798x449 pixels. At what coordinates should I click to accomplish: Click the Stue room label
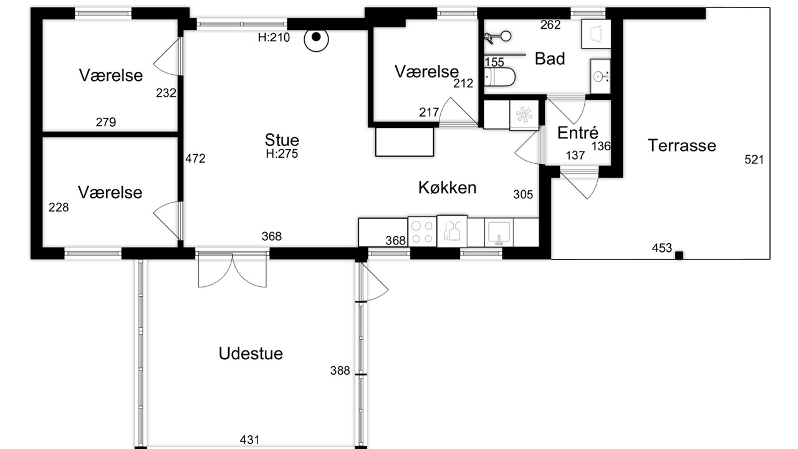[282, 140]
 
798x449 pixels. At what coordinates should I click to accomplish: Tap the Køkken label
[447, 188]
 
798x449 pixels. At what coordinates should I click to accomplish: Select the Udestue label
[251, 354]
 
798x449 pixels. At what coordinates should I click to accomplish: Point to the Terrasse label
[681, 145]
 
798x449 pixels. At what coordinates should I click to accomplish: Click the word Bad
[550, 59]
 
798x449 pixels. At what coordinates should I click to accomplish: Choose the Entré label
[577, 133]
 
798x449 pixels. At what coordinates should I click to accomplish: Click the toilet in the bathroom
[499, 77]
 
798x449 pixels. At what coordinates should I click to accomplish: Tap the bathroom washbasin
[600, 76]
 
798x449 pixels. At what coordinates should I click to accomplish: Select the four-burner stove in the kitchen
[422, 231]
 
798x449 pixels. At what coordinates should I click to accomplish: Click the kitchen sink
[499, 233]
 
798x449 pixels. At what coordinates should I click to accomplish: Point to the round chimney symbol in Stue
[316, 39]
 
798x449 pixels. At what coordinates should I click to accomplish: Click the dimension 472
[195, 158]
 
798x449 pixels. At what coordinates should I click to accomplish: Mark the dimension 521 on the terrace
[754, 160]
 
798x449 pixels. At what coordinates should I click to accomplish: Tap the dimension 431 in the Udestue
[249, 440]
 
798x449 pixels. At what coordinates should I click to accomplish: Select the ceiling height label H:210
[274, 37]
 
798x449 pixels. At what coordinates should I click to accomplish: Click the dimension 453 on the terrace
[661, 248]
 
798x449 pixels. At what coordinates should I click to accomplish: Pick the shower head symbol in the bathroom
[498, 37]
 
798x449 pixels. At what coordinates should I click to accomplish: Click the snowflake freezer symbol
[524, 115]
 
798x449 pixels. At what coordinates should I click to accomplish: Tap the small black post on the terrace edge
[679, 256]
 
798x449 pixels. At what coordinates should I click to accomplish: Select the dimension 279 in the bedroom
[106, 122]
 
